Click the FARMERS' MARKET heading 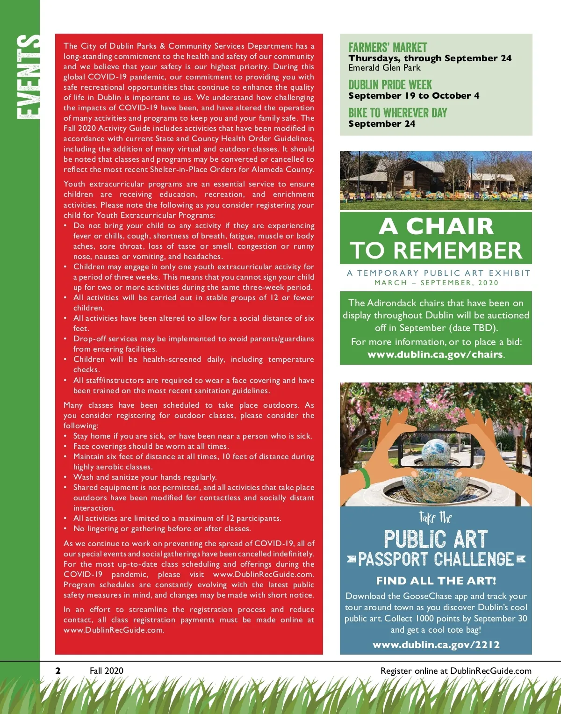pos(388,48)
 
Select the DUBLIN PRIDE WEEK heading pos(390,85)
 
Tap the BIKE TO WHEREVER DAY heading pos(397,113)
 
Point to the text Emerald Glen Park pos(384,68)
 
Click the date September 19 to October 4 pos(414,96)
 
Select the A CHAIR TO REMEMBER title pos(436,238)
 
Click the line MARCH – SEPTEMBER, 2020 pos(436,283)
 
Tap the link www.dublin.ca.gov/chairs pos(435,354)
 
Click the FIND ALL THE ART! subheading pos(436,581)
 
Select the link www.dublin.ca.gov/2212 pos(436,645)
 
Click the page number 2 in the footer pos(58,671)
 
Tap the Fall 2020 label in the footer pos(107,671)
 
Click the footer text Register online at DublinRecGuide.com pos(456,671)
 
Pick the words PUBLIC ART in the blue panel pos(436,540)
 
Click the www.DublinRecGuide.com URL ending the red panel pos(114,630)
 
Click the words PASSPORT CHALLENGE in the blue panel pos(436,560)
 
